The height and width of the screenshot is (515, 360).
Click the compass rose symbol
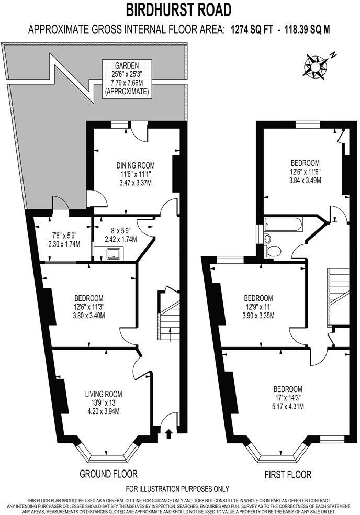[316, 65]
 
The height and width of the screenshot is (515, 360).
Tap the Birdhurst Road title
[179, 9]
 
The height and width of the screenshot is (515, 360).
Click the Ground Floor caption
[108, 474]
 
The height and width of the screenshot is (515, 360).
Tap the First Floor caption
[287, 475]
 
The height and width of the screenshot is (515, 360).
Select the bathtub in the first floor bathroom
[283, 226]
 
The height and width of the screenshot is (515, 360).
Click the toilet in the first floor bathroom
[272, 251]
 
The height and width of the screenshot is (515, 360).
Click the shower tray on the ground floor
[113, 254]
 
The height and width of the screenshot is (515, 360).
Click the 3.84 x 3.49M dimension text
[305, 180]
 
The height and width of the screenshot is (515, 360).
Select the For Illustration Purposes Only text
[178, 489]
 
